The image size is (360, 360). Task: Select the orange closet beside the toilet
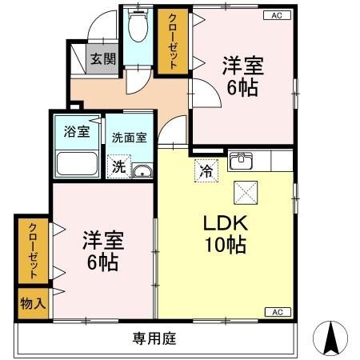click(x=170, y=42)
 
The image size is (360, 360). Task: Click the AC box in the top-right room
click(x=276, y=15)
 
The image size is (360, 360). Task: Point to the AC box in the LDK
click(x=276, y=312)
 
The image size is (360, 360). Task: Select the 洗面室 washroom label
click(x=129, y=137)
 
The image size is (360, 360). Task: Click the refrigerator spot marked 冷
click(x=205, y=170)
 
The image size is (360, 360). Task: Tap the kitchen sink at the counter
click(x=242, y=162)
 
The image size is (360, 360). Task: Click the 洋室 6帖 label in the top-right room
click(x=242, y=77)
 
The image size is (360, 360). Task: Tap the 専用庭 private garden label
click(x=154, y=338)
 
